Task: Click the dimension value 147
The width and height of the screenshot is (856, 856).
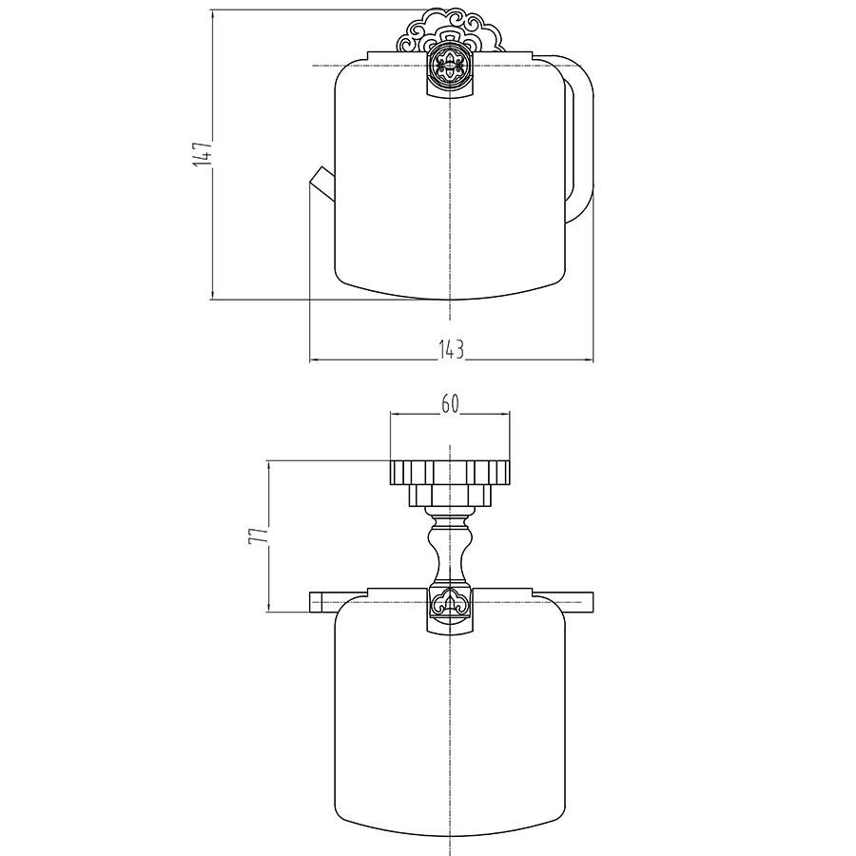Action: click(x=203, y=154)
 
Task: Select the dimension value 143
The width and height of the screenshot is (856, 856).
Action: click(x=452, y=349)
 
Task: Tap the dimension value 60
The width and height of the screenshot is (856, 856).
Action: click(x=450, y=404)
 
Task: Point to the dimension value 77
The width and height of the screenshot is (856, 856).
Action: click(x=259, y=535)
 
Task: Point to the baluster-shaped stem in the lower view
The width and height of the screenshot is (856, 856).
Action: click(x=450, y=545)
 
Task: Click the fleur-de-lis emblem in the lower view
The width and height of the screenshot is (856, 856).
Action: click(x=450, y=604)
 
